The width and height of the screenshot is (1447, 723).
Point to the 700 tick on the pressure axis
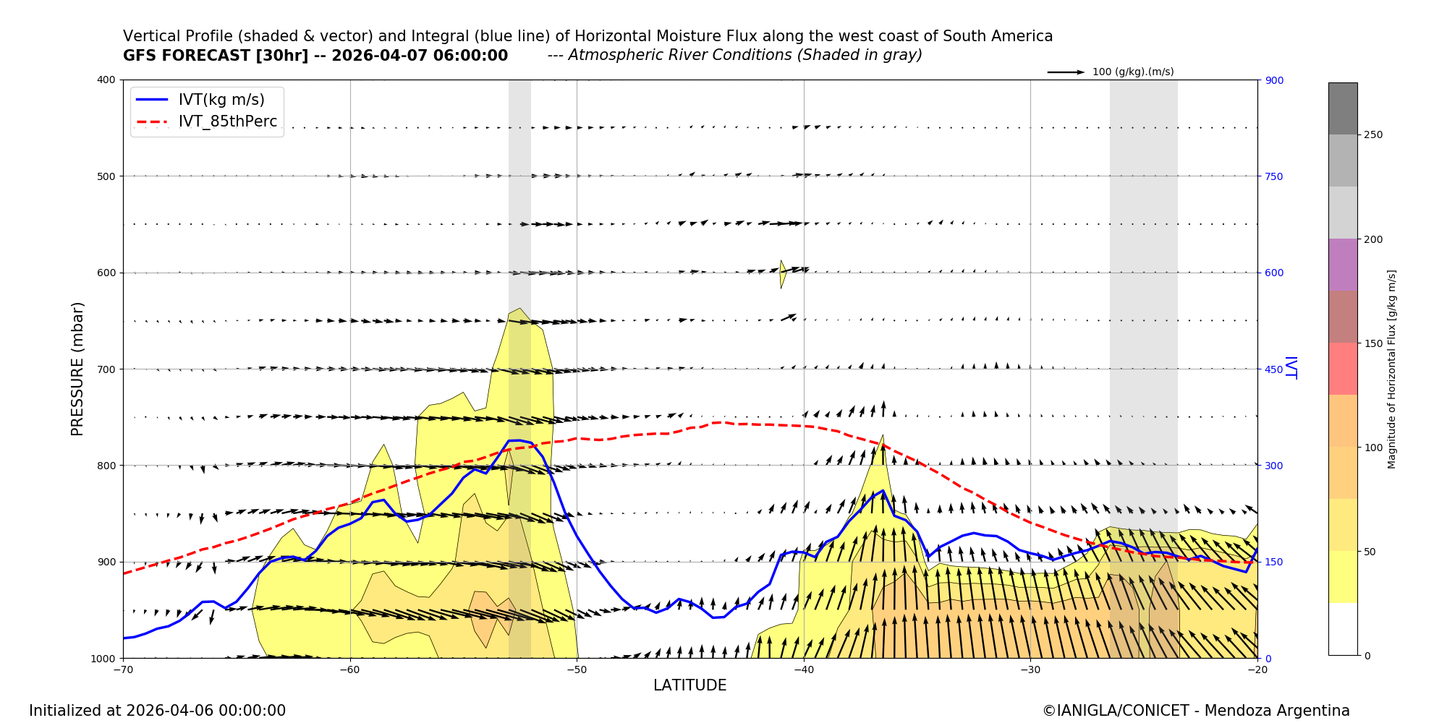[106, 369]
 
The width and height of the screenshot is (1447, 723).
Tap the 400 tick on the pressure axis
[106, 80]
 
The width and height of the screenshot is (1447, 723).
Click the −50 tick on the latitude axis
[577, 669]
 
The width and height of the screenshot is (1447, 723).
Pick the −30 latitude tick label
[1030, 669]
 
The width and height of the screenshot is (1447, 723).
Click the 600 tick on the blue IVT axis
[1274, 273]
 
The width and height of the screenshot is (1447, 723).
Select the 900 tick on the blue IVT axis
[1274, 80]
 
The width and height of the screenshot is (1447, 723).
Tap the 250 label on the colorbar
[1373, 135]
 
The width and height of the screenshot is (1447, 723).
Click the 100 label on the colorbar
[1373, 448]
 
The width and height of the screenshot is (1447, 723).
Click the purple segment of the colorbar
[1342, 265]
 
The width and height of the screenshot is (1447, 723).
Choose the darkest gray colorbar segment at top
[1342, 108]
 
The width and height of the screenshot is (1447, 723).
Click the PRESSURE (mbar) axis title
[77, 369]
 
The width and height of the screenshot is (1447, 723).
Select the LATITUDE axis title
[689, 685]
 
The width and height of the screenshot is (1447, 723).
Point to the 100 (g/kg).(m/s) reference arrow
[1066, 72]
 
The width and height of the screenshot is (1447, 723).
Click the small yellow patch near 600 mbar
[782, 273]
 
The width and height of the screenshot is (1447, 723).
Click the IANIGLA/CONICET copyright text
[1195, 711]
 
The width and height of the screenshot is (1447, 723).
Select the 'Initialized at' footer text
[157, 711]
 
